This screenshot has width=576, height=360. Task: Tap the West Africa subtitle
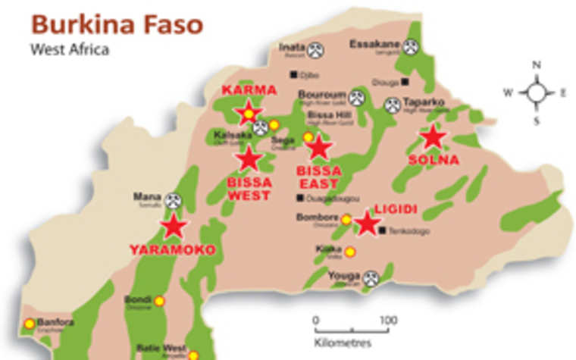tap(70, 50)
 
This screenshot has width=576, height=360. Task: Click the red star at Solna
tap(433, 138)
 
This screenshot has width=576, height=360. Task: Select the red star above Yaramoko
tap(174, 225)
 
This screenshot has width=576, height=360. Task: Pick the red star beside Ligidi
tap(368, 223)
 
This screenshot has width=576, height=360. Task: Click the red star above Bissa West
tap(249, 158)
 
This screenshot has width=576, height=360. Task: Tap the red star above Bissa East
tap(319, 147)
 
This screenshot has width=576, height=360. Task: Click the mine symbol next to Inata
tap(316, 50)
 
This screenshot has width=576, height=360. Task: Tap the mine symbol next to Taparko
tap(393, 105)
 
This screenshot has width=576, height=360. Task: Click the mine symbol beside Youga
tap(370, 277)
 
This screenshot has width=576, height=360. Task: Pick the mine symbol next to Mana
tap(174, 200)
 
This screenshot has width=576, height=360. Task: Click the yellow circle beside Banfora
tap(30, 324)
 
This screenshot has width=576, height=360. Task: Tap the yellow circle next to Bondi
tap(159, 301)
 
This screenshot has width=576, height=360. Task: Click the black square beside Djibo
tap(294, 74)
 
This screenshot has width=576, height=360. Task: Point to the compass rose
tap(537, 93)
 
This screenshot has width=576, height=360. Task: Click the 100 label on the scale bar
tap(387, 321)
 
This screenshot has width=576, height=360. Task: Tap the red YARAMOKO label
tap(172, 250)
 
